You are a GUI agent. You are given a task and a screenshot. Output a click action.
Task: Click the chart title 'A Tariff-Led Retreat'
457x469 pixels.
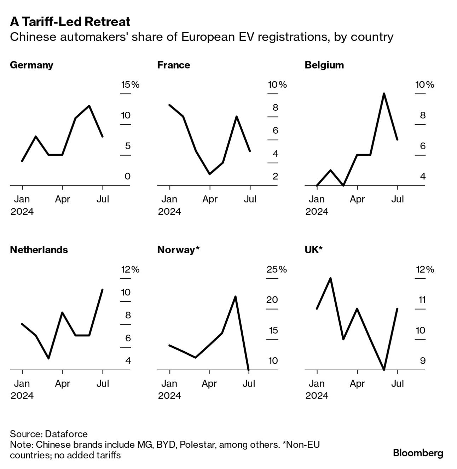click(x=70, y=22)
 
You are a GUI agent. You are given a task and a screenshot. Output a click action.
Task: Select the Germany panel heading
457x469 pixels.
click(x=31, y=65)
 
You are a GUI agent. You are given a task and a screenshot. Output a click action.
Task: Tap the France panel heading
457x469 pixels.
click(x=173, y=65)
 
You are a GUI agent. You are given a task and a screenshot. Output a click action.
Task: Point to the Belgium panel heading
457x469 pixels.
click(x=324, y=65)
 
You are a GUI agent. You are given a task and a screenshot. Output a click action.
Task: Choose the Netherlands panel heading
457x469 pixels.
click(x=39, y=250)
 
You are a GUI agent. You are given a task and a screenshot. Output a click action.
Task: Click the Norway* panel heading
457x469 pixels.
click(x=178, y=250)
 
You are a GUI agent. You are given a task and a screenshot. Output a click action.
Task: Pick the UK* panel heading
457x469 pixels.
click(x=313, y=250)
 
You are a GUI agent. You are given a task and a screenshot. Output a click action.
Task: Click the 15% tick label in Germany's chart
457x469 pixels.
click(x=130, y=85)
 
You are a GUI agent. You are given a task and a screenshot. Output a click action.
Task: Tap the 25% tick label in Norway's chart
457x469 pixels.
click(x=277, y=270)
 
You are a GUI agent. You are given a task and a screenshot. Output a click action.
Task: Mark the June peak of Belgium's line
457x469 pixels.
click(x=384, y=94)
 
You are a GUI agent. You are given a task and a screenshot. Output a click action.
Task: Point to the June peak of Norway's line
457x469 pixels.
click(x=235, y=297)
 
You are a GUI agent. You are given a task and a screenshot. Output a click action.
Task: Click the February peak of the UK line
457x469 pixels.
click(x=330, y=278)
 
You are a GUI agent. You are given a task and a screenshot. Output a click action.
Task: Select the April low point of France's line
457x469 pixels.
click(x=210, y=174)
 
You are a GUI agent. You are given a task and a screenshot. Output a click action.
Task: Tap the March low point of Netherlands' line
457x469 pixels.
click(x=48, y=358)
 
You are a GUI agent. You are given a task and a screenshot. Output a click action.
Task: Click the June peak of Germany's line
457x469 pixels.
click(x=89, y=106)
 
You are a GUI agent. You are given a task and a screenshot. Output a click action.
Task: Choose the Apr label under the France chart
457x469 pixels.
click(x=210, y=199)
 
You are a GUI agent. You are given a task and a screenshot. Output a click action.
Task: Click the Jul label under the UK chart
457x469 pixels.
click(x=397, y=384)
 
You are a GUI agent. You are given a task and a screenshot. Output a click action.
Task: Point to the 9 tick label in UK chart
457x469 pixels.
click(x=423, y=361)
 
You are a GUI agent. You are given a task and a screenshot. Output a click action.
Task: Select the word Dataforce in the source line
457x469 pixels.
click(x=66, y=434)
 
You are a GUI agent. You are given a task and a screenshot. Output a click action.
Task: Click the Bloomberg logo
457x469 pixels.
click(x=418, y=453)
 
